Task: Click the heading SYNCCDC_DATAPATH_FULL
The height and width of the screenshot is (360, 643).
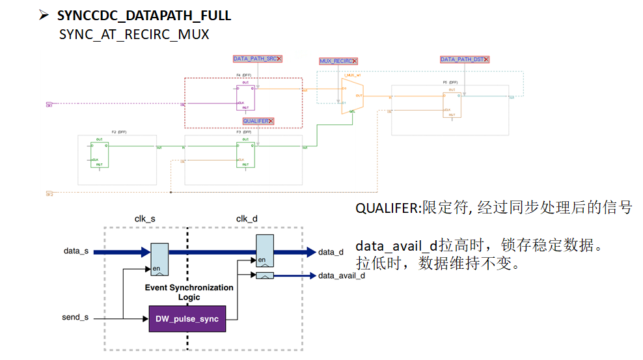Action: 144,14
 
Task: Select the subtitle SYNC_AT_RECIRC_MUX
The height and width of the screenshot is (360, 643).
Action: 134,35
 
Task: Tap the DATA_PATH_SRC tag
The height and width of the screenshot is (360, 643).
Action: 257,59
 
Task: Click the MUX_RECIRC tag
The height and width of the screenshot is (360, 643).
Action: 338,61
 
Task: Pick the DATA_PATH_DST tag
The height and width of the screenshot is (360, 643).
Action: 464,59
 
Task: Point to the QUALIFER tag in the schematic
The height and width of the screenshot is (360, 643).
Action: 258,121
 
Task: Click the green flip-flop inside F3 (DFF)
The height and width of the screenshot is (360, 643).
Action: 245,154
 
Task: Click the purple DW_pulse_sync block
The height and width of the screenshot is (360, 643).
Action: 187,319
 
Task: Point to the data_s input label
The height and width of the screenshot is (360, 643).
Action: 76,251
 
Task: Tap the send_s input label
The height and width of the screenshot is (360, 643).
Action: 75,318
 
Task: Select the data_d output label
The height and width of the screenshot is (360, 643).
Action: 331,252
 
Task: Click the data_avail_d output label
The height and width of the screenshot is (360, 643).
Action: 342,275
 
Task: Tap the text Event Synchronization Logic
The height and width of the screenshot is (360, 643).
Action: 189,292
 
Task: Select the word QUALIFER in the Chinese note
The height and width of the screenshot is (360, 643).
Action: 387,208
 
